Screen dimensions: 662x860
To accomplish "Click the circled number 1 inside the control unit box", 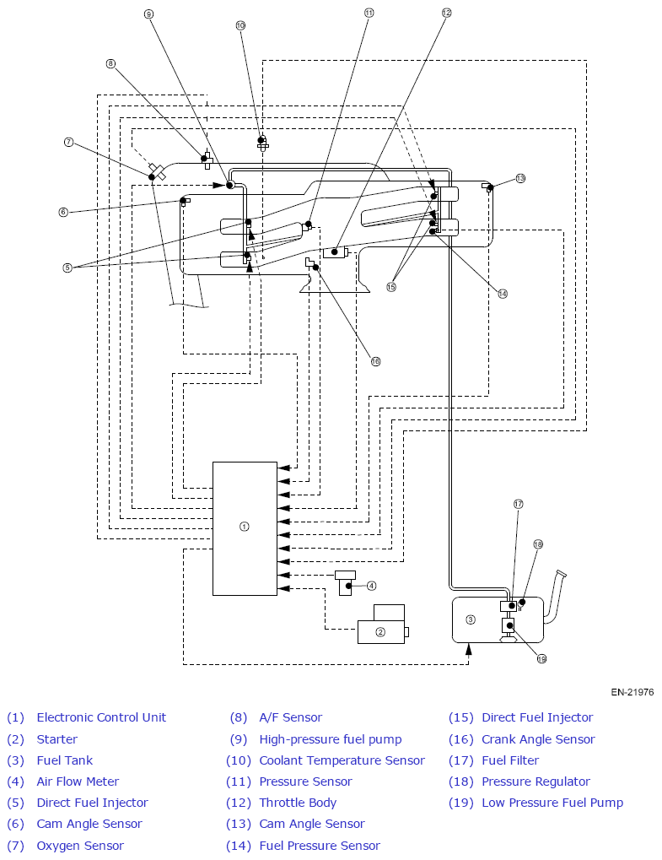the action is click(245, 527).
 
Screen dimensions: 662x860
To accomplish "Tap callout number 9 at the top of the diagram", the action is click(148, 14).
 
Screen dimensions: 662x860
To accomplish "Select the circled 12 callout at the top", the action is click(447, 12).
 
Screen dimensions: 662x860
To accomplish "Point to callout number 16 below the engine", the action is click(375, 361).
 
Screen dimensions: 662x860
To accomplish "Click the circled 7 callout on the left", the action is click(68, 143).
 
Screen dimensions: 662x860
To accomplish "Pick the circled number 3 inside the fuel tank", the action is click(471, 619).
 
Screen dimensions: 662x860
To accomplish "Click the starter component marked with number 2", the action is click(383, 625).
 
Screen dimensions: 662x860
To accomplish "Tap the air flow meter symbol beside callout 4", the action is click(345, 583).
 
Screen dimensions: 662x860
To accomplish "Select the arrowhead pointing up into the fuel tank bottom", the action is click(469, 649).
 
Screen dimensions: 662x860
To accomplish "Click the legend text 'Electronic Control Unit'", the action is click(101, 717).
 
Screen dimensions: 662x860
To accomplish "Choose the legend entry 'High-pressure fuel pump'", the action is click(331, 739).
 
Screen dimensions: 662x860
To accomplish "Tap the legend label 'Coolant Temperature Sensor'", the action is click(342, 760).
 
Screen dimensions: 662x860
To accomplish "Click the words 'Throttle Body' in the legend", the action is click(298, 803).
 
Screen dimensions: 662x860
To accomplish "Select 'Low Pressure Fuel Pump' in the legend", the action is click(552, 803).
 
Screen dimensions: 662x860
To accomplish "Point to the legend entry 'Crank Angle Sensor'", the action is click(538, 739).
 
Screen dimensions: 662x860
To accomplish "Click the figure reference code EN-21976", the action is click(632, 692).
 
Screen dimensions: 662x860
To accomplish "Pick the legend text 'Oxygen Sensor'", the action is click(80, 846).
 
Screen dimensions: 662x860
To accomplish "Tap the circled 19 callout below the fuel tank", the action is click(541, 658).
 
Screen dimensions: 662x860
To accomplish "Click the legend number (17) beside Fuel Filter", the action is click(461, 760).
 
